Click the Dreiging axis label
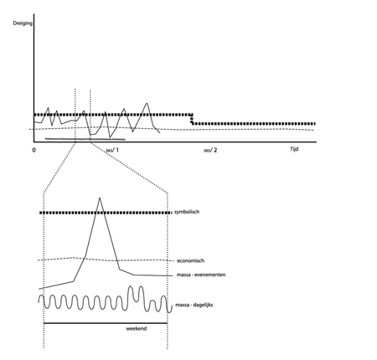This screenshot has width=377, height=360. pos(23,23)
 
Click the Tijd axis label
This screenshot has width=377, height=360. pos(294,149)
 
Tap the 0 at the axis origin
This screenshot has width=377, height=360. pos(34,150)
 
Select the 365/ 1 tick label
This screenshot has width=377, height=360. pos(112,151)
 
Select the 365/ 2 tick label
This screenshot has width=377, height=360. pos(210,151)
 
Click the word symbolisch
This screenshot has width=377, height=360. pos(187,212)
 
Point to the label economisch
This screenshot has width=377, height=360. pos(191,260)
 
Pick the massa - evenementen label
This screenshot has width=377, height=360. pos(201,275)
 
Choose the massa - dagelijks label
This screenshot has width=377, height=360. pos(194,305)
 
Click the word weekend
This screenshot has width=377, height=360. pos(137,329)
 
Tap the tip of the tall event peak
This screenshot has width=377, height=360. pos(100,198)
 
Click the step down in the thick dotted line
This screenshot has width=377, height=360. pos(192,119)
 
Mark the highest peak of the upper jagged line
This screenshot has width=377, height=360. pos(147,103)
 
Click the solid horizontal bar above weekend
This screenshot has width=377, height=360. pos(106,323)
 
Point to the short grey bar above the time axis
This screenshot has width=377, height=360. pos(85,139)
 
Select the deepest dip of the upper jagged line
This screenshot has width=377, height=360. pos(110,137)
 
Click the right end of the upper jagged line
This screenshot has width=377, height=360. pos(160,133)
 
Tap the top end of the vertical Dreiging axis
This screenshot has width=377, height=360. pos(34,14)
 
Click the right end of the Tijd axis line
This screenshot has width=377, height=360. pos(316,141)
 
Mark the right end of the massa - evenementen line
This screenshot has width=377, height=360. pos(173,275)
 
